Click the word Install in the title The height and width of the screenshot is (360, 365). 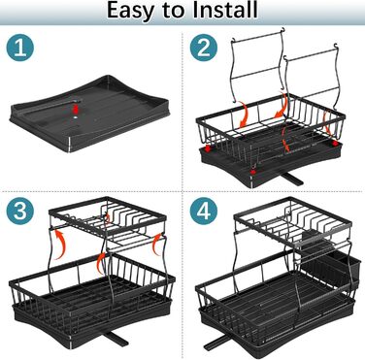pyautogui.click(x=225, y=10)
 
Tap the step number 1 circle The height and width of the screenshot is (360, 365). pyautogui.click(x=19, y=48)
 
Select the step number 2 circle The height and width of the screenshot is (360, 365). pyautogui.click(x=204, y=48)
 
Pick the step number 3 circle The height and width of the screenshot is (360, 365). pyautogui.click(x=19, y=211)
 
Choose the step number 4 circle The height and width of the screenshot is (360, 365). pyautogui.click(x=204, y=211)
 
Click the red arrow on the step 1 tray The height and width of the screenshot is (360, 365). pyautogui.click(x=76, y=108)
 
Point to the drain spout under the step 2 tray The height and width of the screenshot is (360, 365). pyautogui.click(x=292, y=179)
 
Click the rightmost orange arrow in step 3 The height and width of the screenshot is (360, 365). pyautogui.click(x=156, y=245)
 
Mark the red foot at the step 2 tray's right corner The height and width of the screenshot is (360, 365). pyautogui.click(x=335, y=143)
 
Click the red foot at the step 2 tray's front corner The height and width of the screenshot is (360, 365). pyautogui.click(x=253, y=171)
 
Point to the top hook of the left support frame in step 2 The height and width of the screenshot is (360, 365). pyautogui.click(x=283, y=31)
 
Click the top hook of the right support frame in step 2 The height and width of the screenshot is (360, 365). pyautogui.click(x=337, y=46)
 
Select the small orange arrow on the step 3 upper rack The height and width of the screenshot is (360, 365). pyautogui.click(x=108, y=218)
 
